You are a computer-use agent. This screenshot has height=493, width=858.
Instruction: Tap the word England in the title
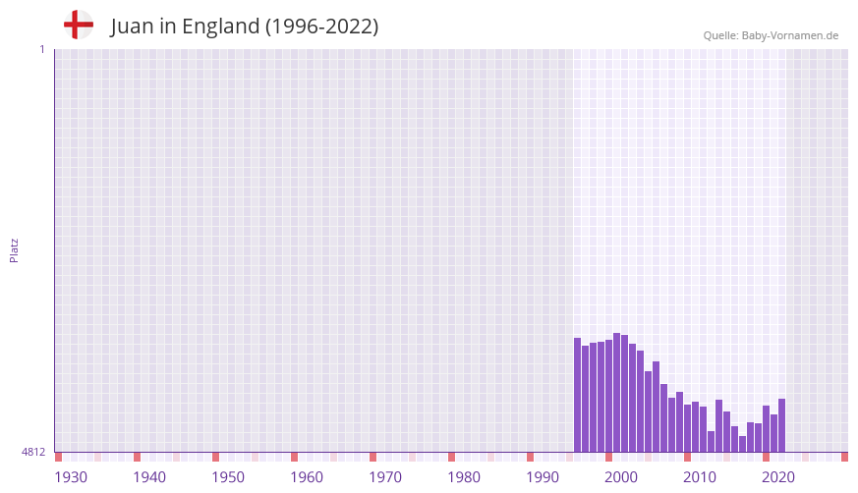pos(219,27)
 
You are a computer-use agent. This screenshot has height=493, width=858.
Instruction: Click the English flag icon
pos(79,25)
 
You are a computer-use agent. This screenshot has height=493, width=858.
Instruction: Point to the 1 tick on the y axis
pos(41,49)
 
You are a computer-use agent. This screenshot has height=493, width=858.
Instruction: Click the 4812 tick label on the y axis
pos(33,452)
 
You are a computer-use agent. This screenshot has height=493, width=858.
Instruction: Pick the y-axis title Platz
pos(14,249)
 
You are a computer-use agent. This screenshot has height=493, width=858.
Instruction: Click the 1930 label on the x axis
pos(71,477)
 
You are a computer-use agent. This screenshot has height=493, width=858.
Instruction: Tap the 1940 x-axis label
pos(149,477)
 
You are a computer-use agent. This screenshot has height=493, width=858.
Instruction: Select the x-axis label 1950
pos(228,477)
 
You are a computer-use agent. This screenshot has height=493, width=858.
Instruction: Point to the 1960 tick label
pos(307,477)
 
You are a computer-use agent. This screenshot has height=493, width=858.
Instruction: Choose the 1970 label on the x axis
pos(385,477)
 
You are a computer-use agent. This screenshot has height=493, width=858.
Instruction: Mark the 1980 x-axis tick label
pos(464,477)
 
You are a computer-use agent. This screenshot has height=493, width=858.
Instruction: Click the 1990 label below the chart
pos(543,477)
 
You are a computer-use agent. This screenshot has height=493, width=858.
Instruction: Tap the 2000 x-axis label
pos(621,477)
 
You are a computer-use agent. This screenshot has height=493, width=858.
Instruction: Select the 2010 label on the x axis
pos(700,477)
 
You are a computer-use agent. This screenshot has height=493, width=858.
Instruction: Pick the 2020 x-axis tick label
pos(778,477)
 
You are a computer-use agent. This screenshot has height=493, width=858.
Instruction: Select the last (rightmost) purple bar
pos(782,425)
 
